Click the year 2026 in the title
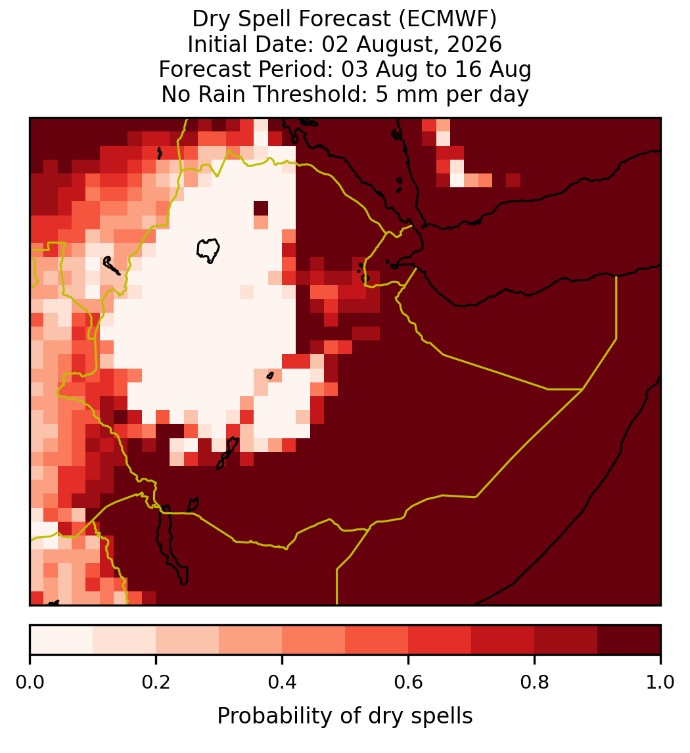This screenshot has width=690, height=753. (x=474, y=44)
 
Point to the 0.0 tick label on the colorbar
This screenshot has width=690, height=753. (x=30, y=682)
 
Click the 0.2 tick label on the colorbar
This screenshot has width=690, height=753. (x=156, y=682)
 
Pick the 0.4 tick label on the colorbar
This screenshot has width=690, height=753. (x=283, y=682)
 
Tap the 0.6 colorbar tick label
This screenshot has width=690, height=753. (x=409, y=682)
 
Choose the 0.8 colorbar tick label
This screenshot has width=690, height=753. (x=534, y=682)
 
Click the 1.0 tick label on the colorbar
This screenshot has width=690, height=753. (x=660, y=682)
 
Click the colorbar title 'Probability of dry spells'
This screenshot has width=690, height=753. (x=345, y=716)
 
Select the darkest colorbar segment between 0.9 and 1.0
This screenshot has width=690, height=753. (x=629, y=640)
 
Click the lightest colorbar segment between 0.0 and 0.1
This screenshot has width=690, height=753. (x=62, y=640)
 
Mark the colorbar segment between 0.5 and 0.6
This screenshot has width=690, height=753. (x=377, y=640)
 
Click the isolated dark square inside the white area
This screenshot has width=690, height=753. (x=261, y=208)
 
